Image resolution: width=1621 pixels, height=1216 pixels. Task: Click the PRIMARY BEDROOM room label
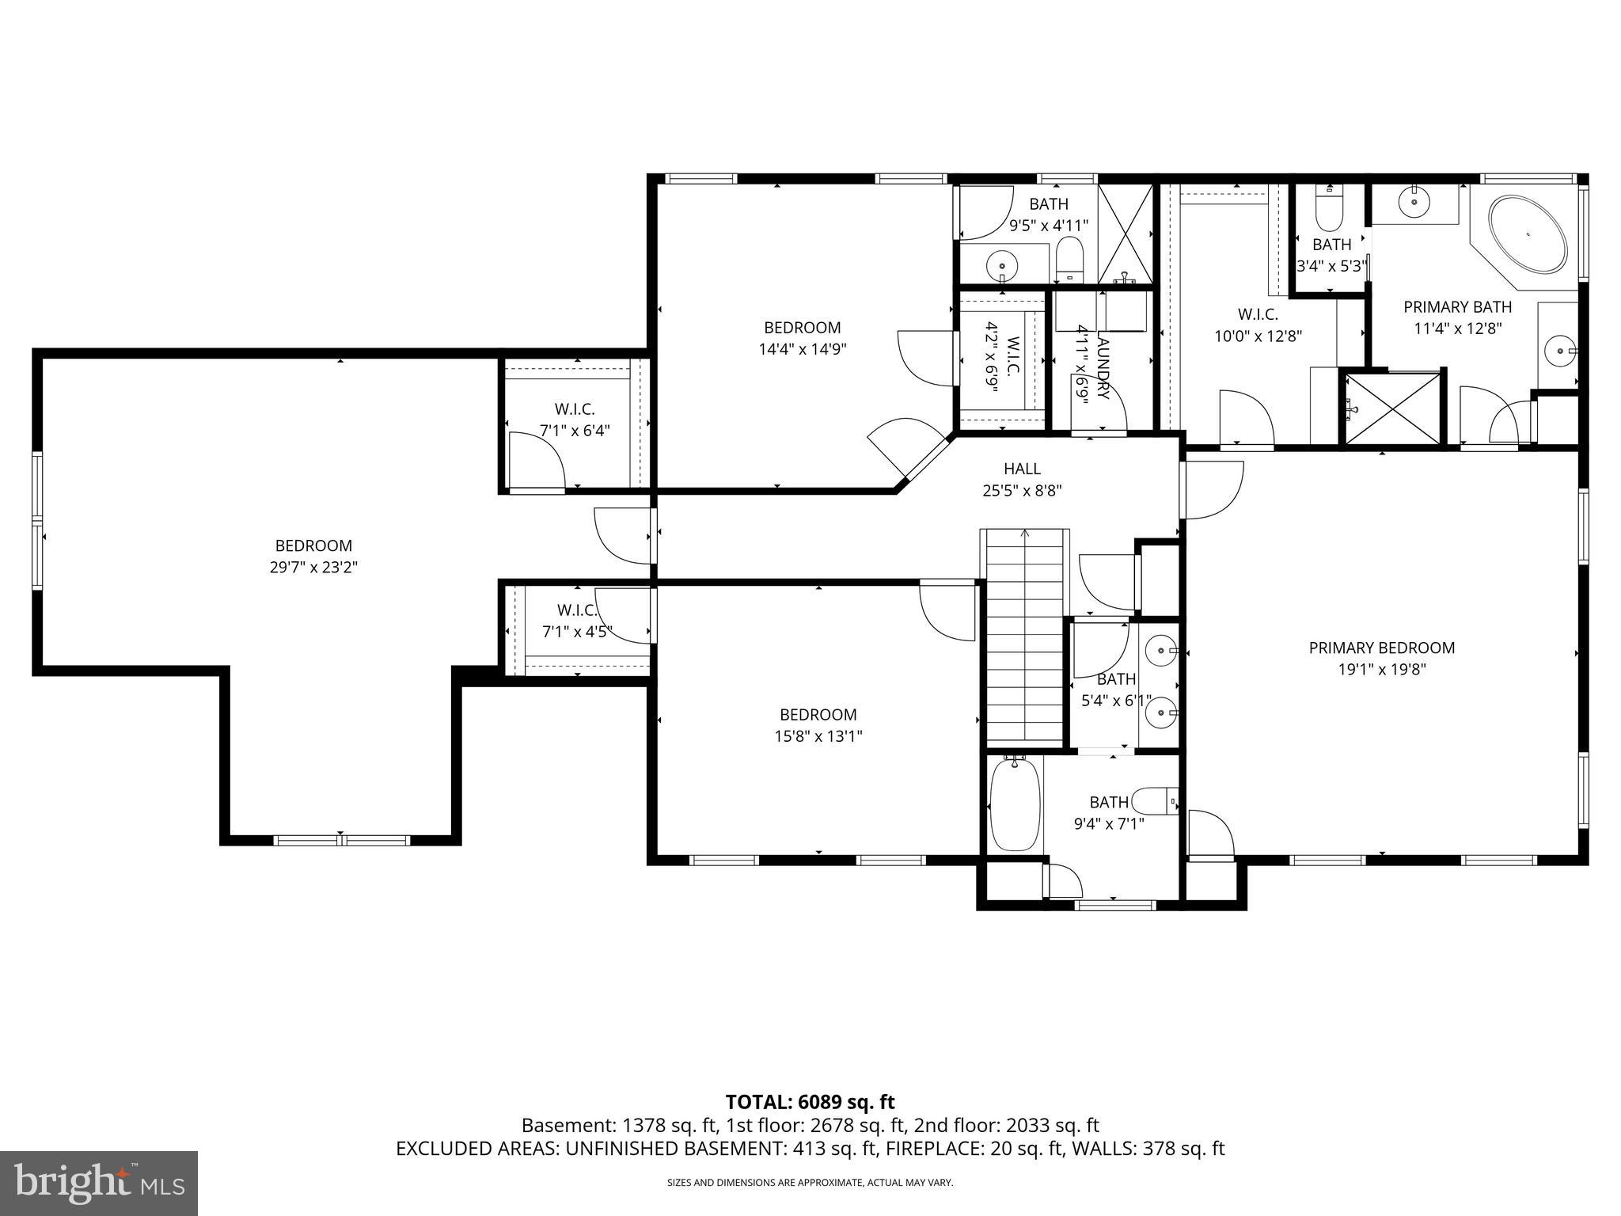pos(1381,648)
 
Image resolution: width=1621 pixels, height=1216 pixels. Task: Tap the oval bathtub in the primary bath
pos(1528,235)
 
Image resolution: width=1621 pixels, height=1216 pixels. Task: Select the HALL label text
pos(1022,469)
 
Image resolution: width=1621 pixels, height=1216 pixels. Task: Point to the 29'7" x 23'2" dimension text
pos(313,567)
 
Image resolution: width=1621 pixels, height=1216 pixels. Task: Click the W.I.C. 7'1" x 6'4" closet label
pos(575,420)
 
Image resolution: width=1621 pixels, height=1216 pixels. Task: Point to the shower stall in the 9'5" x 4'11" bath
pos(1126,233)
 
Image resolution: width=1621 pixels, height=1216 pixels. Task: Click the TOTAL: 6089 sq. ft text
pos(810,1102)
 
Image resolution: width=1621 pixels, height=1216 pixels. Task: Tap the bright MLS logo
pos(99,1183)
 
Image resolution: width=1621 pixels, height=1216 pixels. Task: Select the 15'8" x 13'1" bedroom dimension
pos(818,736)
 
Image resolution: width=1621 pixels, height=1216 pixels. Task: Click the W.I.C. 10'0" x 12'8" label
pos(1258,325)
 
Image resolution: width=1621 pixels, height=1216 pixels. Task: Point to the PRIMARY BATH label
pos(1457,307)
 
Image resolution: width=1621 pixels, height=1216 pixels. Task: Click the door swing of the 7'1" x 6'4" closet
pos(534,462)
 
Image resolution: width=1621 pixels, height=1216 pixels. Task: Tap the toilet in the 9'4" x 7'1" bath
pos(1157,800)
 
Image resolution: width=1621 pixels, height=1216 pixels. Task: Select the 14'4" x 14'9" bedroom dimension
pos(803,349)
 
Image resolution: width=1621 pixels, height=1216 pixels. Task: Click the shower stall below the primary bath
pos(1393,408)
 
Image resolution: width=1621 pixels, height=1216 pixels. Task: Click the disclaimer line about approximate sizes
pos(810,1183)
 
